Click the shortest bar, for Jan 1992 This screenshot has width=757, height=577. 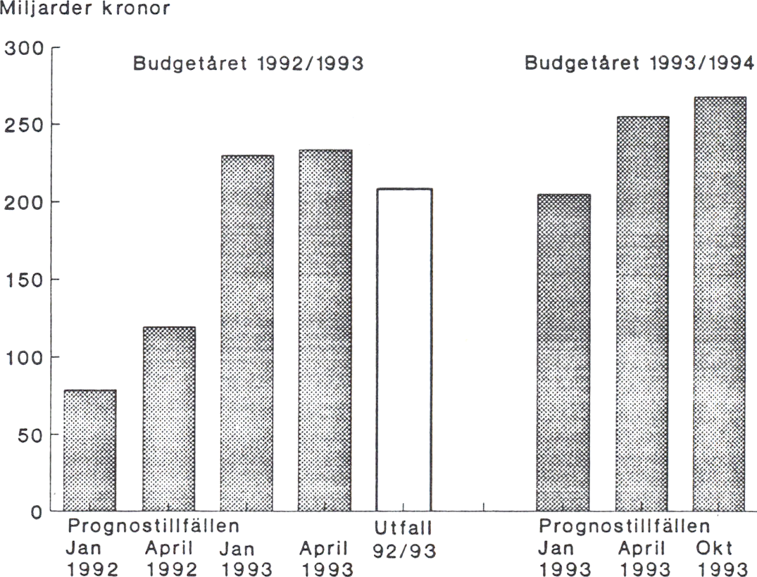(89, 451)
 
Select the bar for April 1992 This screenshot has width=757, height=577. (169, 419)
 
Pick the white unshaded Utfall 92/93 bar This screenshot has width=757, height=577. (403, 349)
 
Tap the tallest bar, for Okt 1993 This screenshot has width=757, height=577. (719, 304)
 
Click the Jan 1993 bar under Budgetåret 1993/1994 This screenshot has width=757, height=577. (563, 352)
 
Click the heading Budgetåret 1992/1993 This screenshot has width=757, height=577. (249, 64)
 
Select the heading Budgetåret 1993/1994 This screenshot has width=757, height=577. (639, 64)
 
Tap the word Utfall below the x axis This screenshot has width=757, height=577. (403, 527)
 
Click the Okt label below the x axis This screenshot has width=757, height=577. (715, 548)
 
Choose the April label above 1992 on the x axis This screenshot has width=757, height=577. (169, 548)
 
